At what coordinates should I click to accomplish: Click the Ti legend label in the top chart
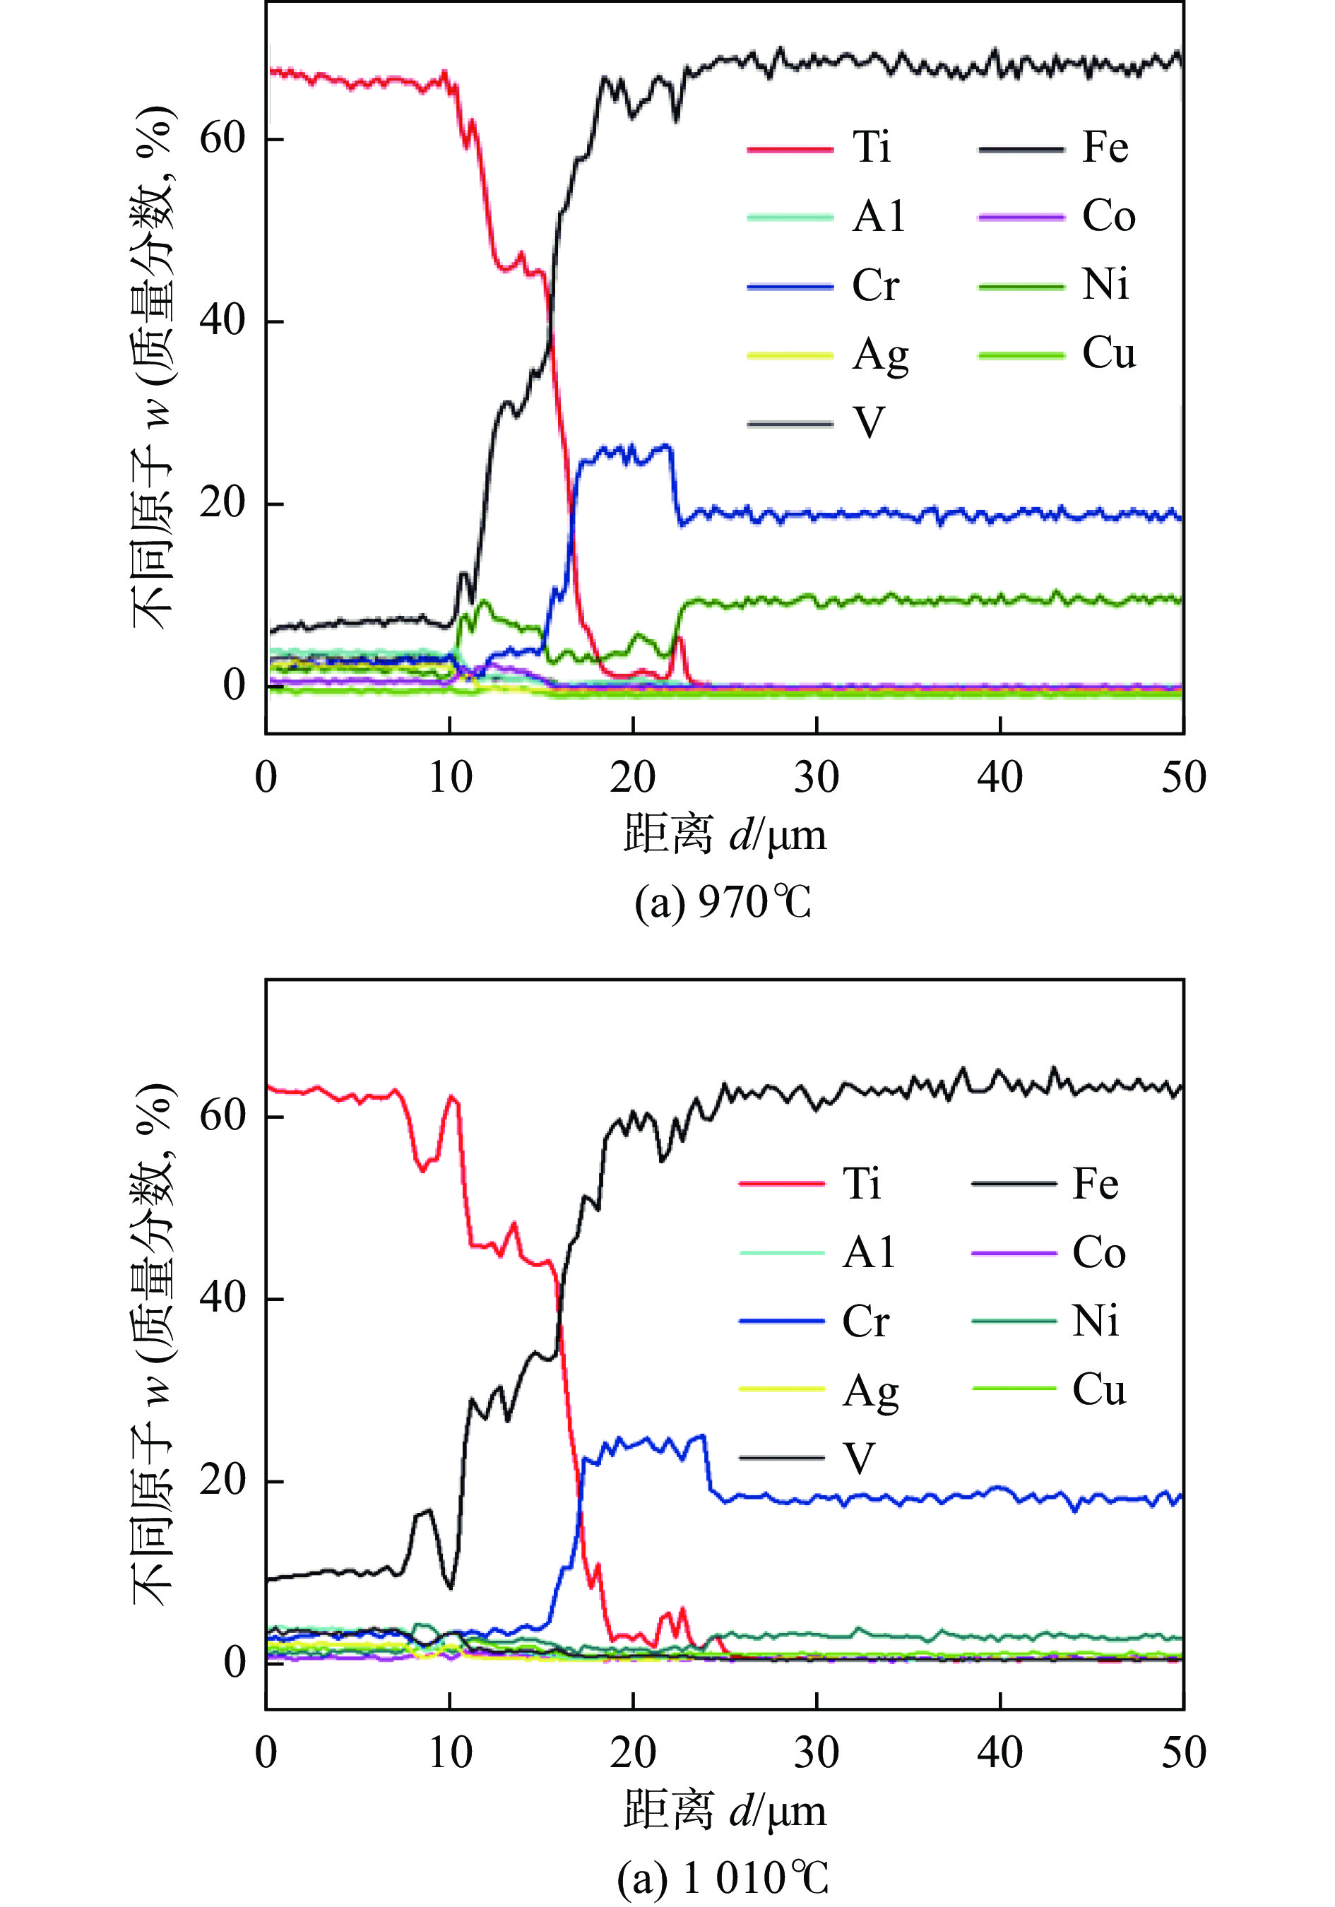[x=872, y=148]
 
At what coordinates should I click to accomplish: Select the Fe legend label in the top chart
[x=1105, y=148]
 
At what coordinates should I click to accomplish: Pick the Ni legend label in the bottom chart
[x=1095, y=1320]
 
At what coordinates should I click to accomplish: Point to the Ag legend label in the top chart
[x=879, y=356]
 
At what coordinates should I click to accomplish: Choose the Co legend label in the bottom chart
[x=1098, y=1252]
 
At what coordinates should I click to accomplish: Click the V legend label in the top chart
[x=869, y=423]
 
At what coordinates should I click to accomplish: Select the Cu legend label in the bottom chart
[x=1098, y=1389]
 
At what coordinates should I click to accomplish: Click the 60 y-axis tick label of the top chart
[x=222, y=138]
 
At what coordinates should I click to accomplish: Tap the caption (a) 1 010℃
[x=723, y=1877]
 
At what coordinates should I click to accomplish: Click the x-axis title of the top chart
[x=725, y=835]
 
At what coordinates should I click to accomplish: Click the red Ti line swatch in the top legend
[x=789, y=150]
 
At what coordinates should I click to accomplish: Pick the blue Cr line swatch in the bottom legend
[x=781, y=1321]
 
